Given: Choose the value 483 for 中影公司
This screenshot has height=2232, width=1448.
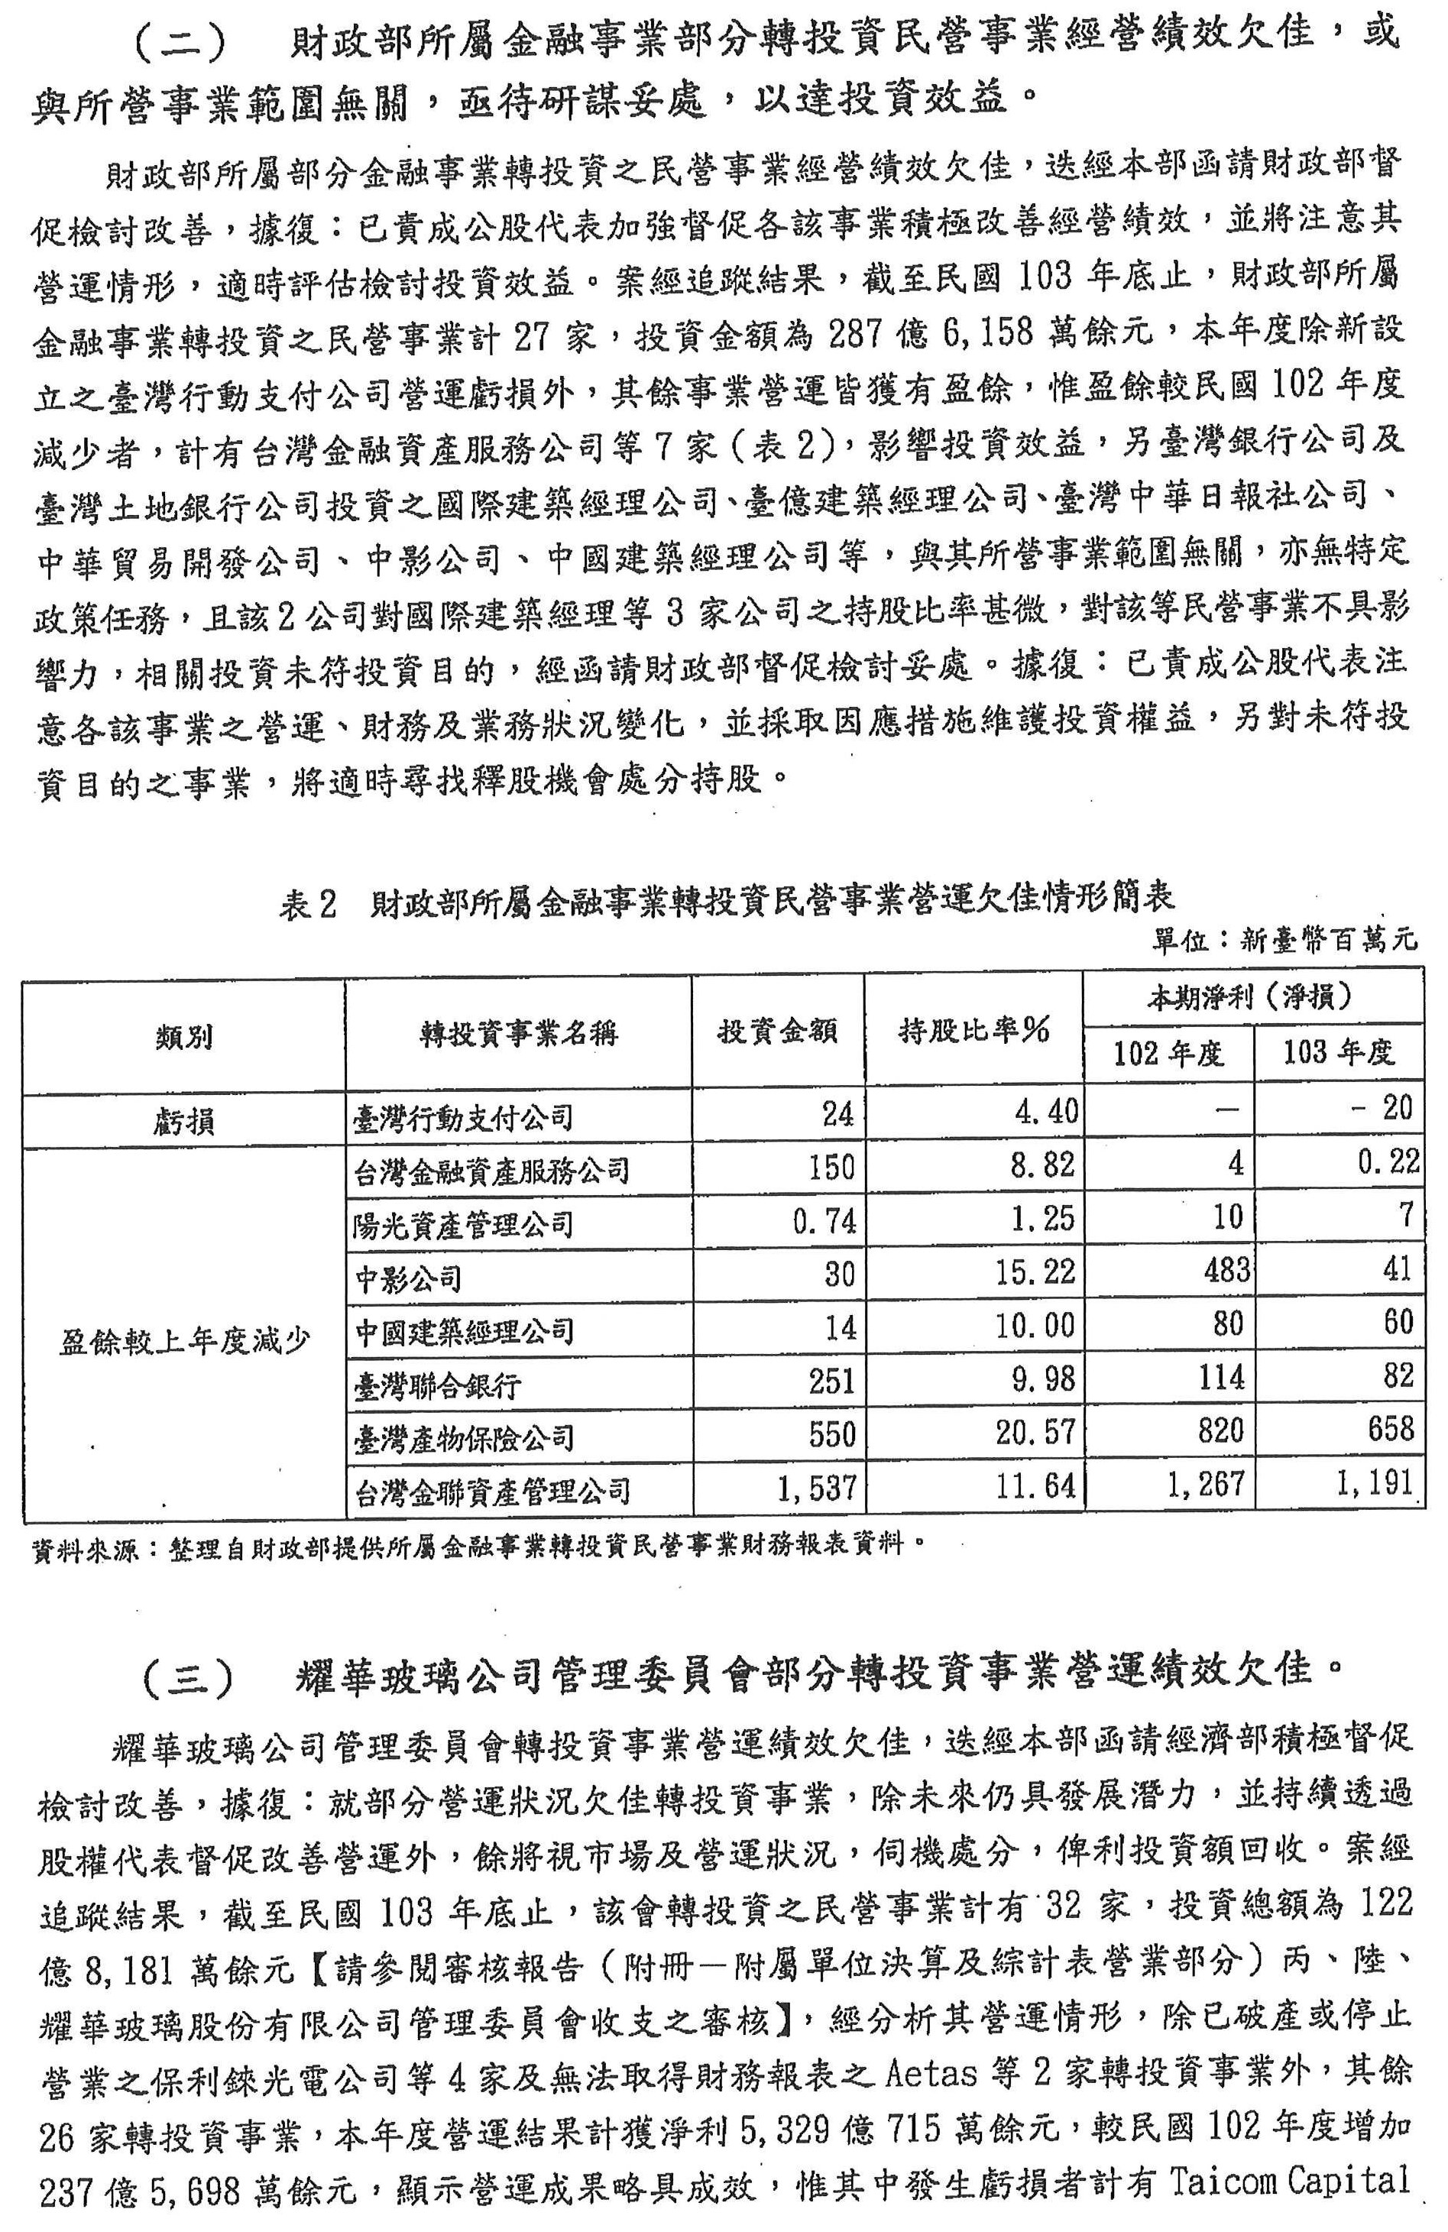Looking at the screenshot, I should (x=1217, y=1271).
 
